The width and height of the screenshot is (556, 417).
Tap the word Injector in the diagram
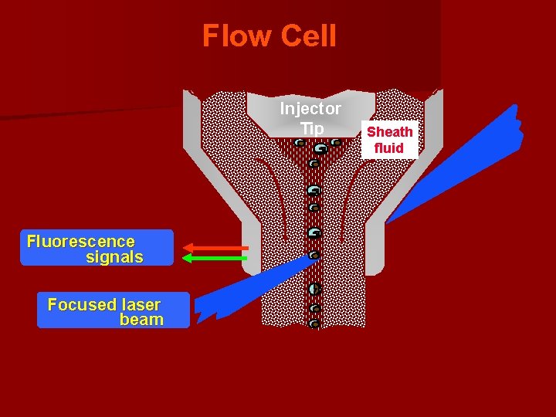pyautogui.click(x=310, y=108)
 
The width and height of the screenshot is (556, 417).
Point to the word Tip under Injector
pyautogui.click(x=312, y=127)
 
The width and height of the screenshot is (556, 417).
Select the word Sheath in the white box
pyautogui.click(x=389, y=132)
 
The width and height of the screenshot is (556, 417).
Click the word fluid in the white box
pyautogui.click(x=389, y=147)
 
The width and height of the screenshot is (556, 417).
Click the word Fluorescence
pyautogui.click(x=81, y=241)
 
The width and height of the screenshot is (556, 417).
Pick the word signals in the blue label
pyautogui.click(x=114, y=257)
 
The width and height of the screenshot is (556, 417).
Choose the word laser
pyautogui.click(x=140, y=304)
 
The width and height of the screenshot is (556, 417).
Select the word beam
pyautogui.click(x=141, y=320)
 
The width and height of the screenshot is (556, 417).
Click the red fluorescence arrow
pyautogui.click(x=215, y=248)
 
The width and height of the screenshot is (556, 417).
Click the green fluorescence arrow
pyautogui.click(x=215, y=258)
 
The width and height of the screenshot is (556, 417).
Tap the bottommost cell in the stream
pyautogui.click(x=314, y=324)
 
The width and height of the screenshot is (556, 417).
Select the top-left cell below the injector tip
pyautogui.click(x=299, y=142)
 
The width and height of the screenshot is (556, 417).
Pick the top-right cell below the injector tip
pyautogui.click(x=337, y=142)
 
